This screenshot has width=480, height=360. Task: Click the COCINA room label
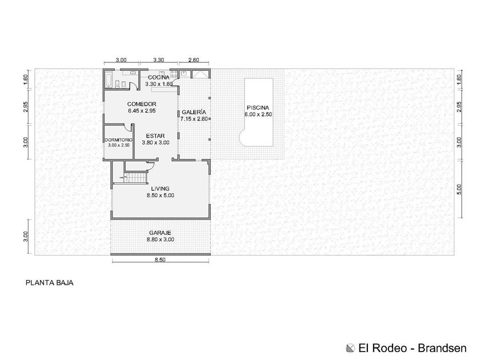click(x=159, y=77)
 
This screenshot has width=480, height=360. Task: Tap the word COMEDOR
click(x=142, y=104)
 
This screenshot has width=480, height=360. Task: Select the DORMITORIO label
click(x=118, y=140)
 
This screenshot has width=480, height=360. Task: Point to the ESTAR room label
click(x=155, y=136)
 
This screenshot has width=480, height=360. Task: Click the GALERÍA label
click(x=194, y=112)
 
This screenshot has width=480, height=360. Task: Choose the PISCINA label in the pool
click(x=258, y=108)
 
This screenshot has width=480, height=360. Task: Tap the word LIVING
click(x=160, y=189)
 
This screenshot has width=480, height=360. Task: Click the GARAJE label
click(x=160, y=233)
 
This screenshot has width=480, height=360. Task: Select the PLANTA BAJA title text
click(x=49, y=282)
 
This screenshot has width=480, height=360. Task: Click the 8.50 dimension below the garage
click(x=160, y=260)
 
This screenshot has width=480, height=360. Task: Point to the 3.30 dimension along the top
click(x=158, y=60)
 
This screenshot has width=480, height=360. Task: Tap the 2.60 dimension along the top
click(x=193, y=60)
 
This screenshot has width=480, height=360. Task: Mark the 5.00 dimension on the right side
click(x=458, y=189)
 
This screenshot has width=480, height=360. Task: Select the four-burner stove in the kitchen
click(x=174, y=74)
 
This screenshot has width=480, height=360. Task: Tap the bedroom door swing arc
click(x=127, y=126)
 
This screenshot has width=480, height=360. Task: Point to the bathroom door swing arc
click(x=134, y=86)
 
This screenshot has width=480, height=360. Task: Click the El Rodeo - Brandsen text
click(x=413, y=348)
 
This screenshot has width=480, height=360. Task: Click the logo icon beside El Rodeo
click(x=350, y=349)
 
